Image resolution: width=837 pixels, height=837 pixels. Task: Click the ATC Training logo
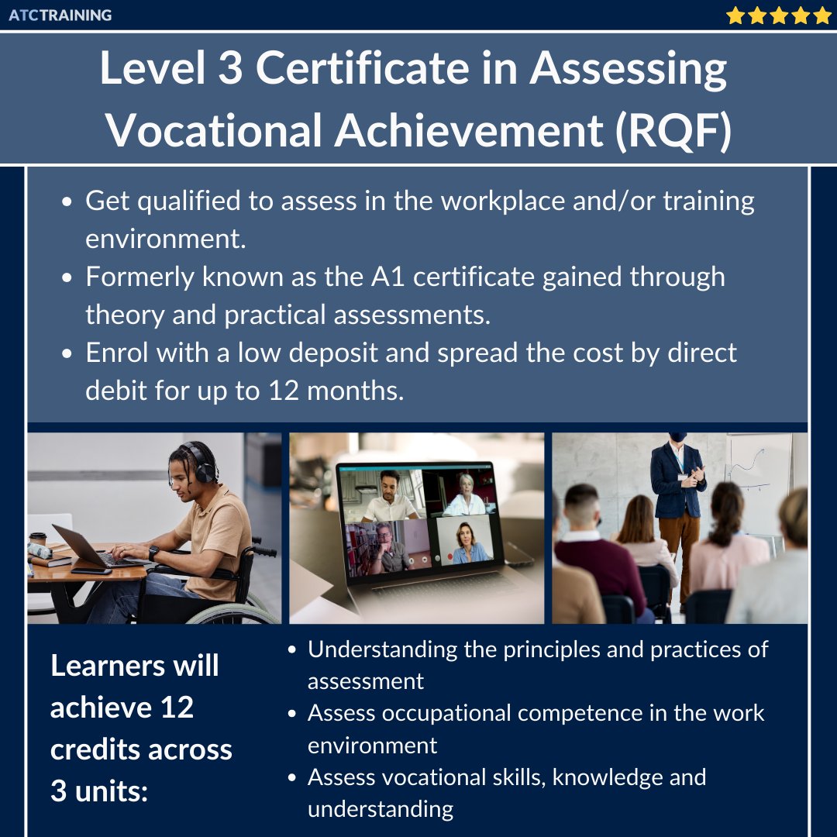(x=60, y=15)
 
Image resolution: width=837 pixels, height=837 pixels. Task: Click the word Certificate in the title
(x=362, y=70)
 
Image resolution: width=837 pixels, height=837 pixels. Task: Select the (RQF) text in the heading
(x=673, y=129)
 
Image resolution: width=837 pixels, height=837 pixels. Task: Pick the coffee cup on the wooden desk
(x=37, y=541)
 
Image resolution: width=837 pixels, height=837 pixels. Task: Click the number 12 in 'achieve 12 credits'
(x=176, y=708)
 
